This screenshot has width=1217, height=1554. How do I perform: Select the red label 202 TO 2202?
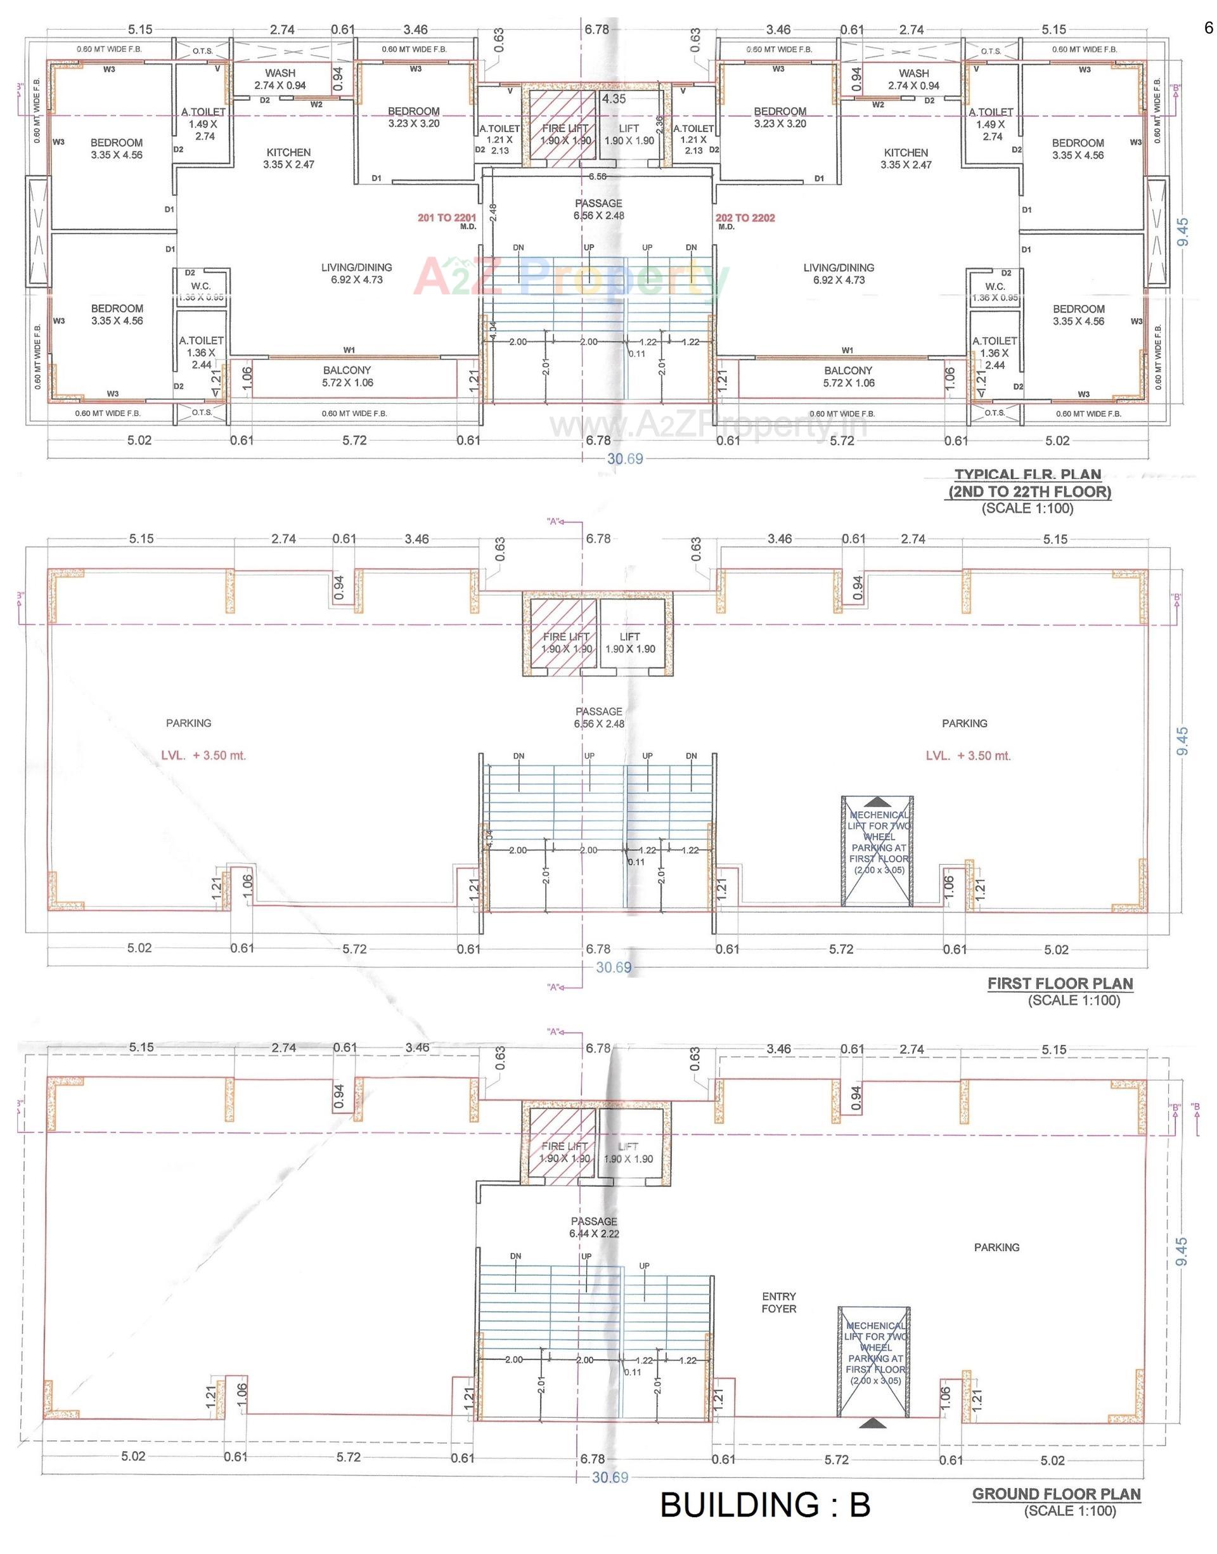pos(745,218)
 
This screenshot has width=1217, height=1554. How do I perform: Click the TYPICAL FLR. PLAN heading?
pos(1027,474)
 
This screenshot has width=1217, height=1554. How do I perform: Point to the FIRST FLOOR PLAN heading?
pos(1060,983)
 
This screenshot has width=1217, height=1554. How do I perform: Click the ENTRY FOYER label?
pos(778,1302)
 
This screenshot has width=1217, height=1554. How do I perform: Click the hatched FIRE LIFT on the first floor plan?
pos(562,634)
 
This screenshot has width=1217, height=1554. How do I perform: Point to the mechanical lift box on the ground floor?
pos(875,1363)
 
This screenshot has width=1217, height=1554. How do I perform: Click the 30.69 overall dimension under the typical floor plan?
pos(624,459)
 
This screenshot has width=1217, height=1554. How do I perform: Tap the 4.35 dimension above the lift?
pos(614,99)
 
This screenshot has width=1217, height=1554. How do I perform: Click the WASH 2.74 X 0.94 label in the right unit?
pos(913,79)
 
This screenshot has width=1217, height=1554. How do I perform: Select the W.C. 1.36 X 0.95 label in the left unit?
pos(201,292)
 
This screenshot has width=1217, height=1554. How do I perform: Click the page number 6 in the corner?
pos(1207,29)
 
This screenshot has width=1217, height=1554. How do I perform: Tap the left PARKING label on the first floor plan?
pos(189,723)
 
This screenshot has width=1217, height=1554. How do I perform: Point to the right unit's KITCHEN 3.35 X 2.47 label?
pos(906,158)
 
